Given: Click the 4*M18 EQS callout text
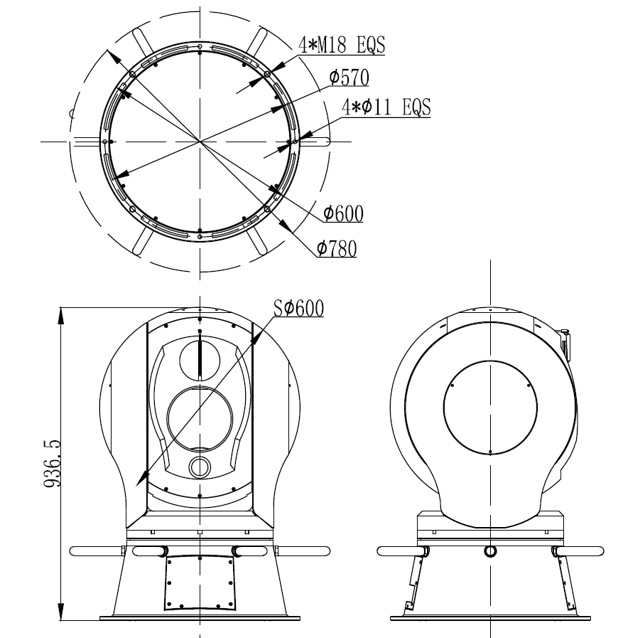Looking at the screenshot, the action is [342, 45].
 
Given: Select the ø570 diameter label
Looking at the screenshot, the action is [349, 78].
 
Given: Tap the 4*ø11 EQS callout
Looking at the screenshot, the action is [386, 107].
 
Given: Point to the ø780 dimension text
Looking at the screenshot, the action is [337, 248].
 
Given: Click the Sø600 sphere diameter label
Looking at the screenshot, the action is [298, 307].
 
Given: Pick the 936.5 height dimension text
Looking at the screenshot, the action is [52, 463].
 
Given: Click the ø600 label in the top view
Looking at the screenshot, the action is [343, 213].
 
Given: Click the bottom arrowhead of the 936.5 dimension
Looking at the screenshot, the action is [61, 612].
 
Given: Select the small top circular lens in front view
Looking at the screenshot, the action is [200, 361].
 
